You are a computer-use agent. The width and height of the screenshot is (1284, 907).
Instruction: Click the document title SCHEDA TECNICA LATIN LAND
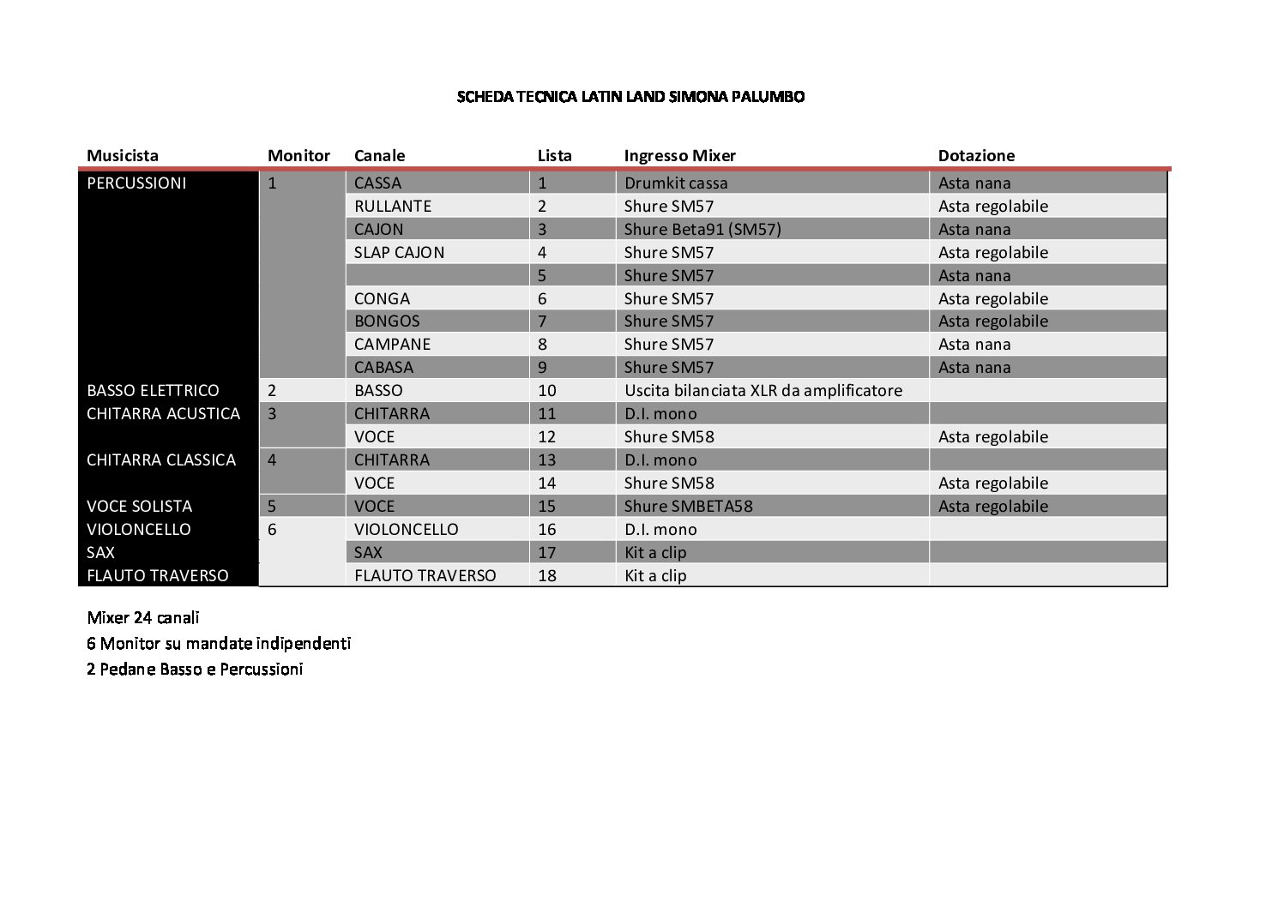[x=630, y=97]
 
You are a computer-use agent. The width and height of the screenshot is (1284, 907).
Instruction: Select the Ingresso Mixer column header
[x=679, y=155]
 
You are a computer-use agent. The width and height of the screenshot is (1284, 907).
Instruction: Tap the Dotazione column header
[x=976, y=155]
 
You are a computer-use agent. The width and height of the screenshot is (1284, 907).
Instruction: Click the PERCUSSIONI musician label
[x=136, y=183]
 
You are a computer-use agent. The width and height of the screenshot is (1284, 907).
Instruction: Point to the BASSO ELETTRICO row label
[x=153, y=390]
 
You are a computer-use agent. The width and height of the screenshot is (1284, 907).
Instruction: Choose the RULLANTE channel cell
[x=393, y=206]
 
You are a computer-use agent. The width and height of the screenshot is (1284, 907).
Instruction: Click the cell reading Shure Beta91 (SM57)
[x=702, y=229]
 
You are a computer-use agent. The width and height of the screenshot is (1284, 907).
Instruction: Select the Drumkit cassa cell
[x=676, y=183]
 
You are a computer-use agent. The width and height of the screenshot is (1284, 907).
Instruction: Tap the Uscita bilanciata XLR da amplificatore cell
[x=763, y=390]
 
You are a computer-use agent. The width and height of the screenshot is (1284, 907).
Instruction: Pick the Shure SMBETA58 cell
[x=689, y=506]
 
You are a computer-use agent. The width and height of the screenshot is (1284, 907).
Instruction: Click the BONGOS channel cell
[x=387, y=321]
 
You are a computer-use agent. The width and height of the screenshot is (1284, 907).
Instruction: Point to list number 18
[x=547, y=575]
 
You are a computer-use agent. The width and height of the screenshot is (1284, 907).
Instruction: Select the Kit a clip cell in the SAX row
[x=655, y=552]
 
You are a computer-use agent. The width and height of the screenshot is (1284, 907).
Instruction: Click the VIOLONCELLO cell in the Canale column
[x=406, y=529]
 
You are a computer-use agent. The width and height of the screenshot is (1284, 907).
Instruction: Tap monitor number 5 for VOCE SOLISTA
[x=272, y=506]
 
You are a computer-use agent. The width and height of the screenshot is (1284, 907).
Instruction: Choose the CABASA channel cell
[x=383, y=367]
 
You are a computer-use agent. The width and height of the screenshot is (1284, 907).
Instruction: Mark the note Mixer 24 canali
[x=143, y=617]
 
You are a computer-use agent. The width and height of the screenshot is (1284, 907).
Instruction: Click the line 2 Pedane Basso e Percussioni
[x=195, y=669]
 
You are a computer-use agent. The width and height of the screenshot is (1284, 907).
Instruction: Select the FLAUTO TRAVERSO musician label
[x=158, y=575]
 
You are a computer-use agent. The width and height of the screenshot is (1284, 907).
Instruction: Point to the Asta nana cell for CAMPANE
[x=974, y=344]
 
